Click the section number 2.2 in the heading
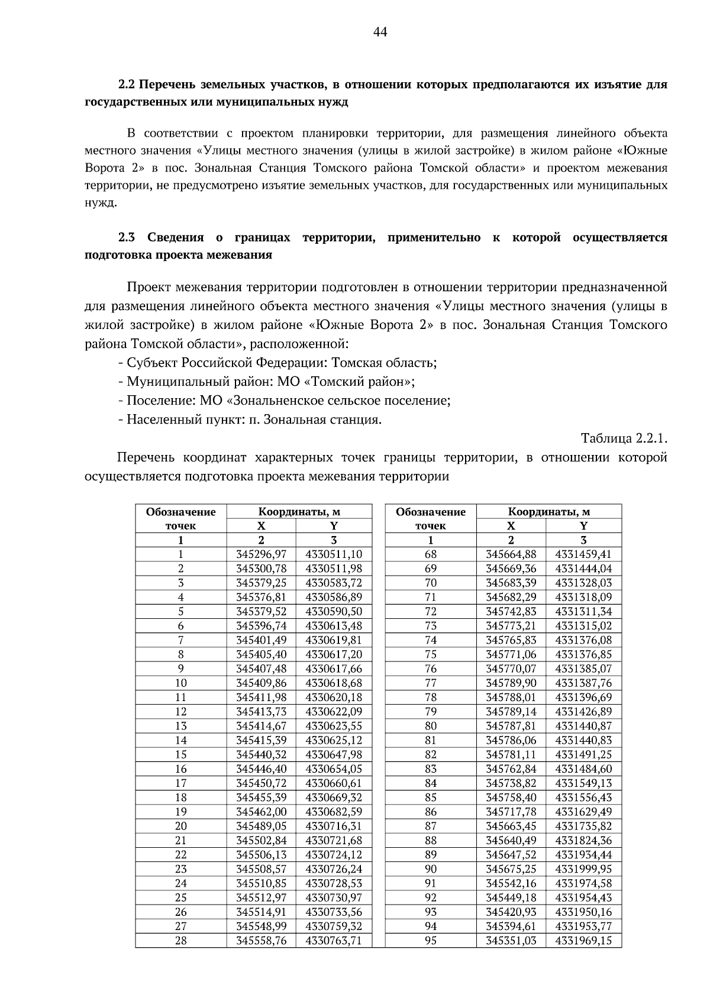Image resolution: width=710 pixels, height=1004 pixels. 127,85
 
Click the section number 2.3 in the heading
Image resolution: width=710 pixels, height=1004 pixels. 127,238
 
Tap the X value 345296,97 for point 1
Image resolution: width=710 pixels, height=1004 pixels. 261,554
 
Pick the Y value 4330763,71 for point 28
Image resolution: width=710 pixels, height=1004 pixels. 334,940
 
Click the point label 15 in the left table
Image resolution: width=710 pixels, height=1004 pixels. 181,754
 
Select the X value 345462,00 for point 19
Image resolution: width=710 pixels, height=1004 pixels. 261,812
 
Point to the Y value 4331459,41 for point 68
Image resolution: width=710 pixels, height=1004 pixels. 583,554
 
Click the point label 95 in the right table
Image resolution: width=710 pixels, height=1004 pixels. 431,940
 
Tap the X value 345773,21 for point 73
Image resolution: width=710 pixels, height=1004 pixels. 511,625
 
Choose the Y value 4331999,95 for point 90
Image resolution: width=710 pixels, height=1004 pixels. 583,869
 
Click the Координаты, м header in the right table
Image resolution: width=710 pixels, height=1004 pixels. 549,512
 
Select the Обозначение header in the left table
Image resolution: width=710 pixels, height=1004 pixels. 181,512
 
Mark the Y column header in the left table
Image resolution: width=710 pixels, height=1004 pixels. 334,526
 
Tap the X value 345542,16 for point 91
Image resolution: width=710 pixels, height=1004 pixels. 511,883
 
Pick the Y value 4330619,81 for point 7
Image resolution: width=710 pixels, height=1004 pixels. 334,640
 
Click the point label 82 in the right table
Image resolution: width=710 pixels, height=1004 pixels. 431,754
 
